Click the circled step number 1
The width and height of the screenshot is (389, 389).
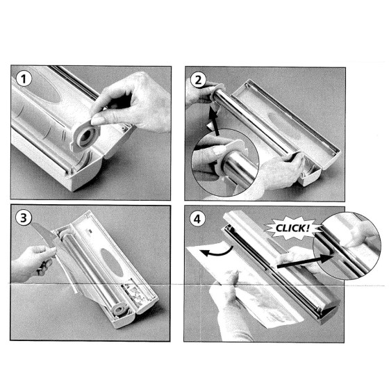tap(24, 79)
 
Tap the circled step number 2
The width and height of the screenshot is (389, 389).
tap(198, 80)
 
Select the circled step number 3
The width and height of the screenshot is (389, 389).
tap(24, 218)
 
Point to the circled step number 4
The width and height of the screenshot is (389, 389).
tap(197, 219)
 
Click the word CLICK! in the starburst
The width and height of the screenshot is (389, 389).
tap(292, 229)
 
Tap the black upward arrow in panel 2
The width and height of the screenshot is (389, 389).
tap(214, 122)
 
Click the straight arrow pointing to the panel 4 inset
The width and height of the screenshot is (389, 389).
tap(306, 261)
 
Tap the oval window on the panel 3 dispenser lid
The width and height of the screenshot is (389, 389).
tap(112, 263)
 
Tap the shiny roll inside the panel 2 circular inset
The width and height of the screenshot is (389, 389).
tap(238, 169)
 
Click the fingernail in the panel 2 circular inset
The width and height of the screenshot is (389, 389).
tap(220, 150)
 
